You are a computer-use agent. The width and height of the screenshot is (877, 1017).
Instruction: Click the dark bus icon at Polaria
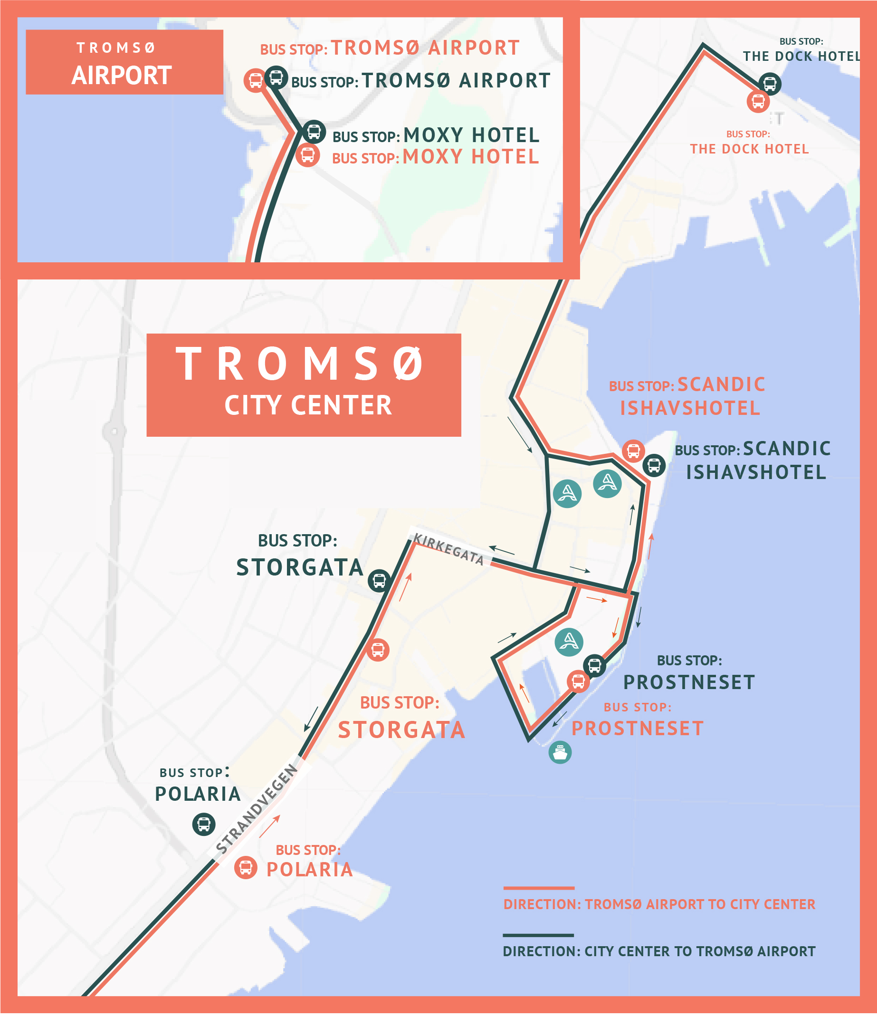click(x=204, y=824)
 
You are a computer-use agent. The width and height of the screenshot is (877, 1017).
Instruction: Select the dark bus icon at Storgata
click(x=379, y=581)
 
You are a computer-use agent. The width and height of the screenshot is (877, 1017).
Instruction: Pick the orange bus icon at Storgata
click(x=377, y=650)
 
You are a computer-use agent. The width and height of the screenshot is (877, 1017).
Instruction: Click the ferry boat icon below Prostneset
click(x=560, y=752)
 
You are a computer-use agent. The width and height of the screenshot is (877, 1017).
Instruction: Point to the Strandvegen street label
click(x=257, y=809)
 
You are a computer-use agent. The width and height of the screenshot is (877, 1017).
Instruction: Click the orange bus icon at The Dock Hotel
click(x=758, y=102)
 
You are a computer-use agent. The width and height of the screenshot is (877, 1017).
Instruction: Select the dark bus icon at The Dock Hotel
click(x=770, y=84)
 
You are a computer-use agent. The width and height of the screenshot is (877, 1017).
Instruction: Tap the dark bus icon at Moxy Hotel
click(x=314, y=132)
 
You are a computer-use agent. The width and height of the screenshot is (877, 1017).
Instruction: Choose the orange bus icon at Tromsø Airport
click(x=255, y=80)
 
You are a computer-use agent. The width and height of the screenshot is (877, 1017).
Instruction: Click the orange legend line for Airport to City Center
click(x=538, y=888)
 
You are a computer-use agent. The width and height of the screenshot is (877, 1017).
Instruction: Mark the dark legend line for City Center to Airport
click(x=538, y=935)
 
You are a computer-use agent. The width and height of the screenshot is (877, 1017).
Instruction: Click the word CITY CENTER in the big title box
click(x=308, y=405)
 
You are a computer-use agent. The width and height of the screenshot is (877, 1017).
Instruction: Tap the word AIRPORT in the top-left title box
click(x=121, y=76)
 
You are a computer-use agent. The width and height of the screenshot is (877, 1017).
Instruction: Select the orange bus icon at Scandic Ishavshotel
click(x=633, y=451)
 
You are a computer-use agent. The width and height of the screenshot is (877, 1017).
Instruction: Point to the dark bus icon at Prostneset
click(x=594, y=666)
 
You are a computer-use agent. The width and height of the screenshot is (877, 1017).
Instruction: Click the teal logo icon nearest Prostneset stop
click(x=569, y=642)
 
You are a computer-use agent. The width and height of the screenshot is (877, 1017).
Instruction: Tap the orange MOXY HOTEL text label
click(x=471, y=157)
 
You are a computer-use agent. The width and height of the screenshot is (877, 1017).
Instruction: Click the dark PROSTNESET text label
click(x=688, y=682)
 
